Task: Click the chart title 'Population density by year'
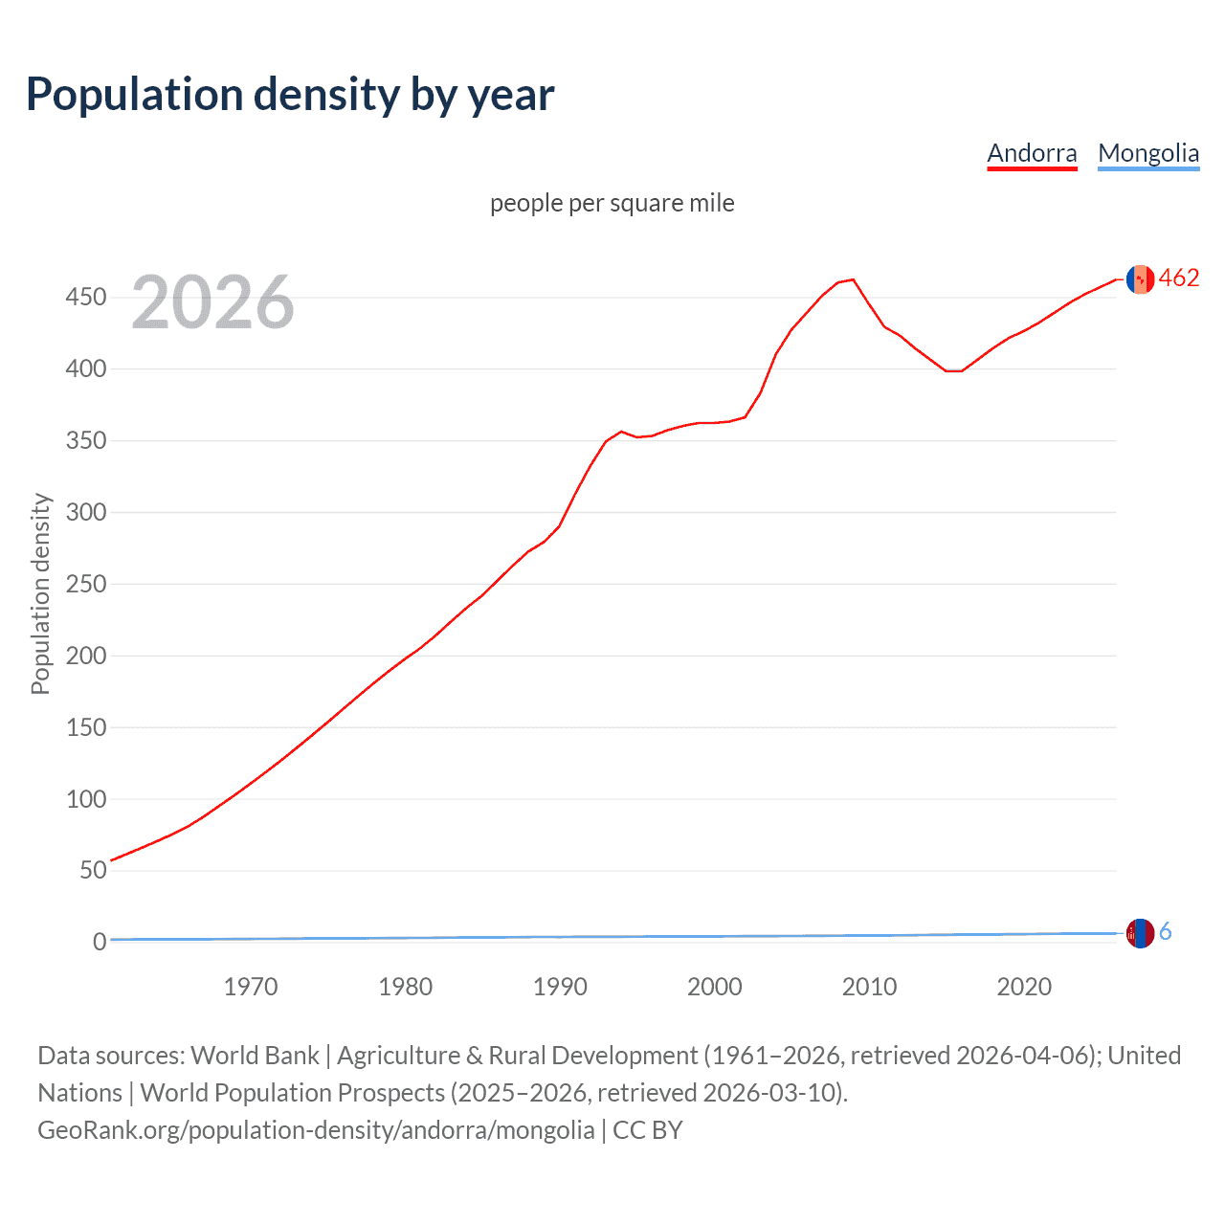coord(290,95)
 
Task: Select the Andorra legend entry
coord(1032,153)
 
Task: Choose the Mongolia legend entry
coord(1147,153)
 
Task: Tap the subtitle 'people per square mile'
coord(612,203)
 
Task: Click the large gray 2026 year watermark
coord(212,302)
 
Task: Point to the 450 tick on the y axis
coord(85,298)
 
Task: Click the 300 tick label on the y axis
coord(85,512)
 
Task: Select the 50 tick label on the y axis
coord(92,870)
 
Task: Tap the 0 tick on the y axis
coord(100,942)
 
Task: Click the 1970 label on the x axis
coord(251,987)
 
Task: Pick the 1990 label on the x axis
coord(560,987)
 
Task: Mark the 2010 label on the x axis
coord(869,987)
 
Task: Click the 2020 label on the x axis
coord(1024,987)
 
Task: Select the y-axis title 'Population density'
coord(40,593)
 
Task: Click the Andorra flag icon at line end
coord(1140,278)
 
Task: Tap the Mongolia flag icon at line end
coord(1140,933)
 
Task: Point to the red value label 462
coord(1179,278)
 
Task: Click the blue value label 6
coord(1166,932)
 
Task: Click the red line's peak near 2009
coord(853,279)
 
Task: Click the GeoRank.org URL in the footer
coord(316,1130)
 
